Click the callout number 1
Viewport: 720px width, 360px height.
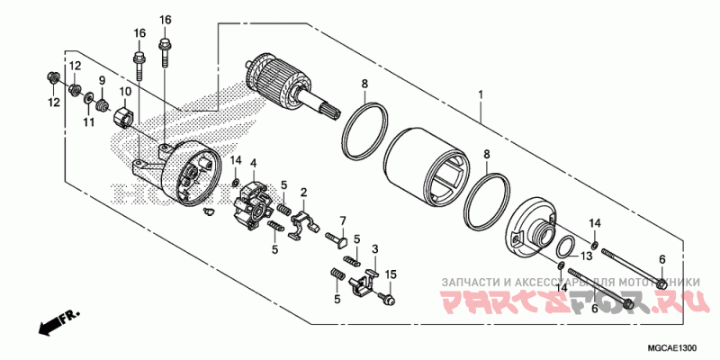[481, 94]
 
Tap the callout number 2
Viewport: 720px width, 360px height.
[304, 192]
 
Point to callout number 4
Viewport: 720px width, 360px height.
[254, 163]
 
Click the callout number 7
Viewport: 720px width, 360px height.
[343, 220]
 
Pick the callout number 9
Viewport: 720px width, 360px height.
[102, 81]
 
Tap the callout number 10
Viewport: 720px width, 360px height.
[124, 92]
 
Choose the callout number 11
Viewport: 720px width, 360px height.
[89, 121]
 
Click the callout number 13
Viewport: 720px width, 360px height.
[586, 256]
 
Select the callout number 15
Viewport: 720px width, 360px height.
[391, 274]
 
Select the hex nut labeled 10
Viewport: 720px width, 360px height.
[126, 116]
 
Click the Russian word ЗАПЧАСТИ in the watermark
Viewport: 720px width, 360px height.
[471, 282]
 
